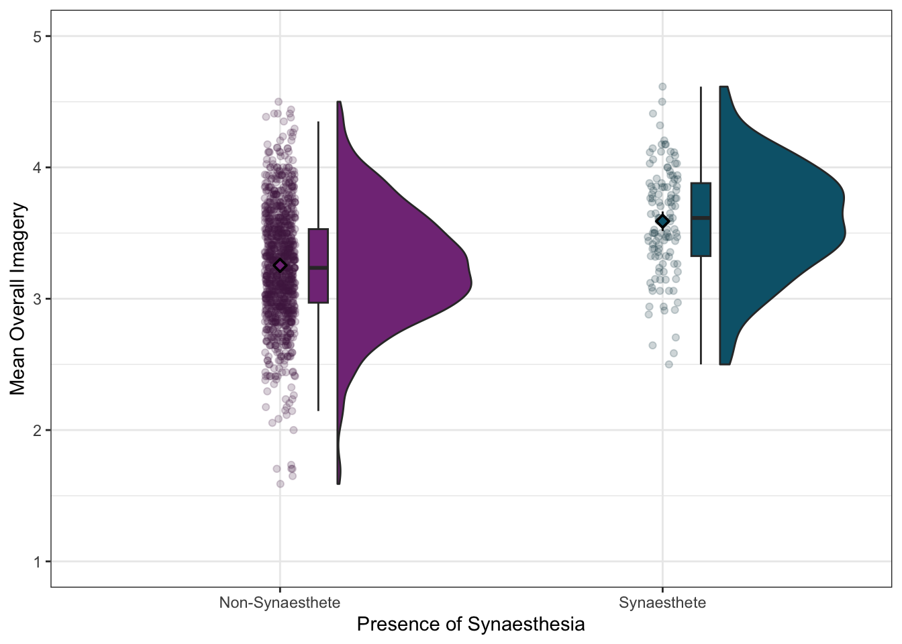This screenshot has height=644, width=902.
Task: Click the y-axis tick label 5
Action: tap(38, 36)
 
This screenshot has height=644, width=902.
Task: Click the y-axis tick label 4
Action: tap(38, 167)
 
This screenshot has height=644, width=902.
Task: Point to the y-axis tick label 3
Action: tap(38, 299)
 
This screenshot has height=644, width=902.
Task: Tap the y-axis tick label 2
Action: tap(38, 430)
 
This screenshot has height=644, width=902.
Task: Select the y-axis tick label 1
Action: tap(38, 561)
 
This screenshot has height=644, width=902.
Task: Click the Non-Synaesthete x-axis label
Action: tap(280, 602)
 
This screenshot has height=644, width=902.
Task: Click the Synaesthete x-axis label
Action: tap(662, 602)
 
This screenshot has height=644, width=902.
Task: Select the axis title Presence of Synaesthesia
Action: tap(470, 625)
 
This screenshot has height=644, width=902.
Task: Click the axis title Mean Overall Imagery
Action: tap(17, 299)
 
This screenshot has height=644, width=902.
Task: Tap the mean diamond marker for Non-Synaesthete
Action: tap(280, 266)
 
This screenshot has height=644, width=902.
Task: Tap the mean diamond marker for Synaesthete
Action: tap(662, 221)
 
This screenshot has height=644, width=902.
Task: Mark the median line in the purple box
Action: tap(318, 268)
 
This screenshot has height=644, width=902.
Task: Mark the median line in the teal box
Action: tap(701, 218)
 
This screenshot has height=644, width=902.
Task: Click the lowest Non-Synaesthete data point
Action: tap(280, 484)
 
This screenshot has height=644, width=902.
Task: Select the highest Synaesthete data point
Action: tap(662, 87)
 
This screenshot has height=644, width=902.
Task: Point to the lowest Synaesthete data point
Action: tap(668, 364)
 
